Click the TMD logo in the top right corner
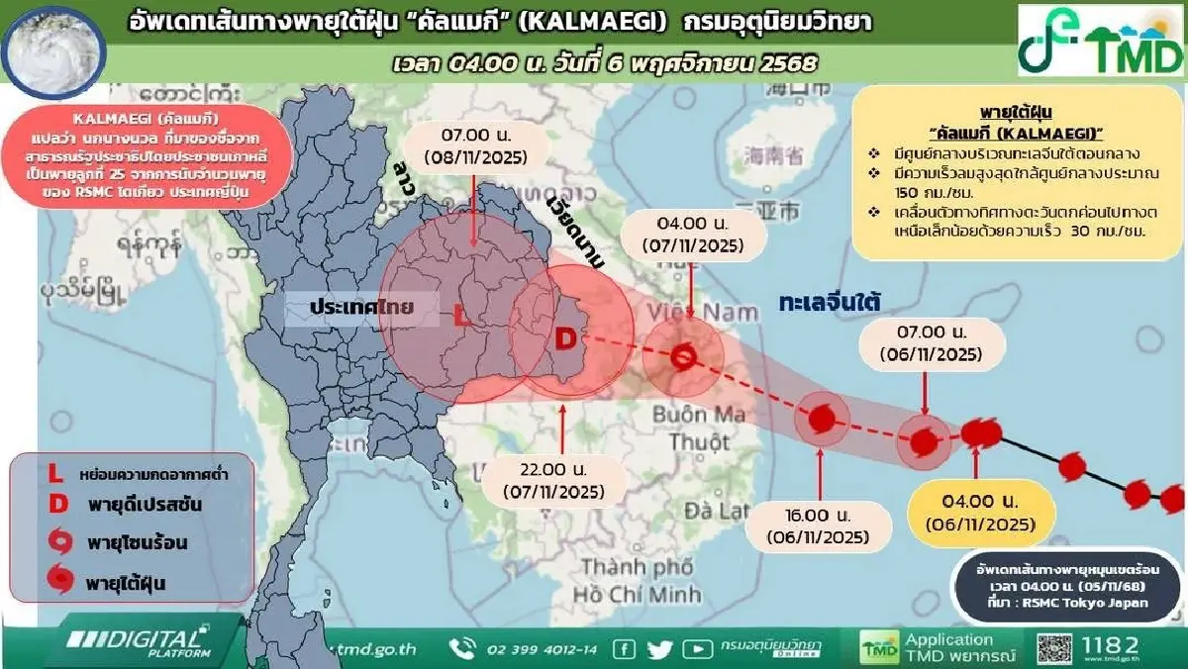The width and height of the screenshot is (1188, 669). (x=1101, y=43)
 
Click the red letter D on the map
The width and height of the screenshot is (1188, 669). (x=564, y=339)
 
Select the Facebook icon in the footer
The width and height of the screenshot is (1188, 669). (x=624, y=649)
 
